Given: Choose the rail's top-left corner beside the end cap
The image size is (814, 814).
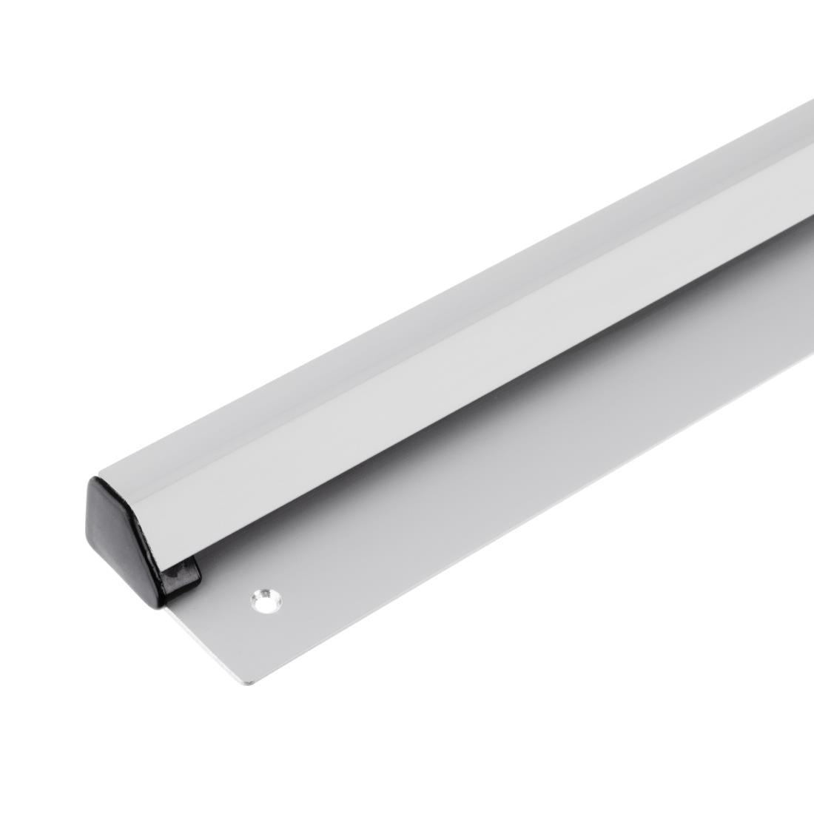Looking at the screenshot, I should click(x=100, y=474).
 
